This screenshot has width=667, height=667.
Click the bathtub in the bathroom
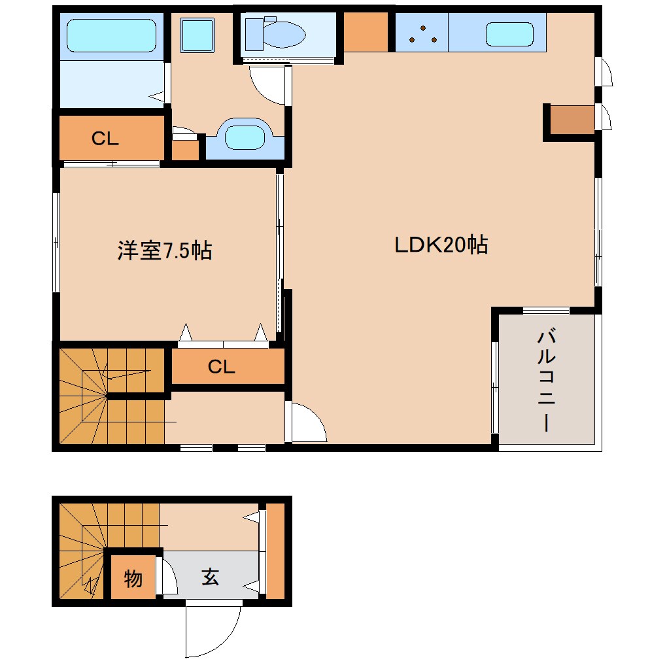pos(111,35)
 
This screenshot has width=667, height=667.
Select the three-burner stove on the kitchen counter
pos(422,33)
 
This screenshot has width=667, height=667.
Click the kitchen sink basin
pos(509,34)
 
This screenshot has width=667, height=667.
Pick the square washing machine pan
pos(197,35)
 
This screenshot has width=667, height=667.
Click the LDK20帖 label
pos(441,245)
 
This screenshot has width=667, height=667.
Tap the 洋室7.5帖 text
pos(164,250)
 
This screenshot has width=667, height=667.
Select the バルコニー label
pos(546,382)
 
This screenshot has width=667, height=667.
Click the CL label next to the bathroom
pos(105,139)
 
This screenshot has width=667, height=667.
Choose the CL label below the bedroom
pos(221,367)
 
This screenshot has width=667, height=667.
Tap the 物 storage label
pos(133,578)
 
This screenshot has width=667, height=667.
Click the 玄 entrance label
pos(210,577)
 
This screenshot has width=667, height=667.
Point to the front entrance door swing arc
pos(213,631)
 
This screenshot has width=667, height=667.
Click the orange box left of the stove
pos(366,32)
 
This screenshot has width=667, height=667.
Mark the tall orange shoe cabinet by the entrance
pos(275,551)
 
